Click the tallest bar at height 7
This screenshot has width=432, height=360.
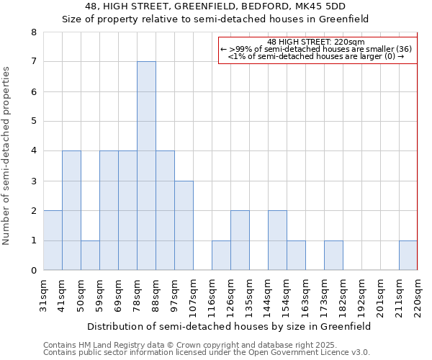(146, 166)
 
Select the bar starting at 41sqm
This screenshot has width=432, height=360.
(71, 210)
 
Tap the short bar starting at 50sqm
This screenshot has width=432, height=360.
(90, 255)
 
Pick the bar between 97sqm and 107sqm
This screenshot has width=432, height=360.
(184, 225)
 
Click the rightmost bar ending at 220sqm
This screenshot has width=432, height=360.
(408, 255)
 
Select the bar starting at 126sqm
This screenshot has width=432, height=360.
(240, 240)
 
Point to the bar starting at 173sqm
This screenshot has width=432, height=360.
(333, 255)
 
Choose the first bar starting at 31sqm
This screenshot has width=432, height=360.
(53, 240)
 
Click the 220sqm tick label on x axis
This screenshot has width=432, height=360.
(418, 295)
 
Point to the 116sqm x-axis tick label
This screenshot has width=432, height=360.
(212, 295)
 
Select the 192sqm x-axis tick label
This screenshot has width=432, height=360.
(361, 295)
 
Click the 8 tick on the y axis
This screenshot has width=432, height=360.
(34, 32)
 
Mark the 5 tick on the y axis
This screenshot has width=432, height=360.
(34, 122)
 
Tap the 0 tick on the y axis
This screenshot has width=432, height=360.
(34, 271)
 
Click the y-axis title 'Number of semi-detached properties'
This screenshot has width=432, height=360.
(7, 155)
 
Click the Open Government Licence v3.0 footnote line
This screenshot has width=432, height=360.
(207, 352)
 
